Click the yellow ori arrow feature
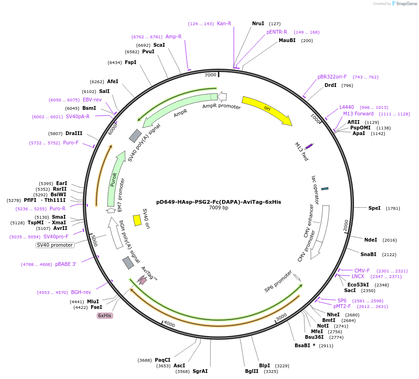(267, 110)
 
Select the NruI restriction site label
(258, 23)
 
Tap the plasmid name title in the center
(218, 202)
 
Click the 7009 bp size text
(218, 208)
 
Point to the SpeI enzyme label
(374, 208)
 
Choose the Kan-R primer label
(224, 23)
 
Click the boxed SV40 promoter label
(55, 245)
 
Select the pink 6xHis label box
(104, 315)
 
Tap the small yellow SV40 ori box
(137, 220)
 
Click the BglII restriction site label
(252, 372)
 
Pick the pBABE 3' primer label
(65, 264)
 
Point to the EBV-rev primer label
(92, 100)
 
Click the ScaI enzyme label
(159, 45)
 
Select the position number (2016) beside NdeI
(390, 240)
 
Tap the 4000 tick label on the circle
(169, 324)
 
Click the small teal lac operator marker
(325, 188)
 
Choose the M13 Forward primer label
(358, 114)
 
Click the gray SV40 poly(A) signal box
(135, 136)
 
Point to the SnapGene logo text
(404, 4)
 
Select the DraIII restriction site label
(74, 133)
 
